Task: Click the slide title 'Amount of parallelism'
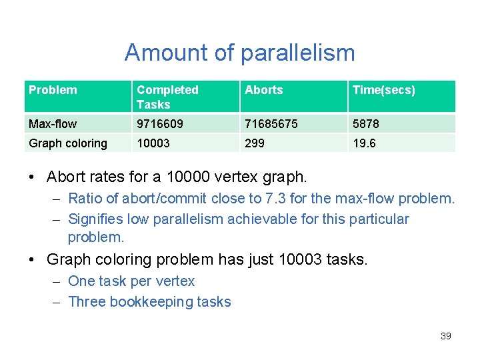[239, 52]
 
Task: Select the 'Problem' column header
[53, 90]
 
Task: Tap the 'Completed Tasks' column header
[167, 97]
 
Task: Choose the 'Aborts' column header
[264, 90]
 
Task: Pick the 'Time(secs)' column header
[383, 90]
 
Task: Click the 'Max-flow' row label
[53, 123]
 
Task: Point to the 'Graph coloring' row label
[68, 143]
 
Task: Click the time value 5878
[366, 123]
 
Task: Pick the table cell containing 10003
[153, 143]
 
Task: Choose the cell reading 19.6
[364, 143]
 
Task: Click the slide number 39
[446, 336]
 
